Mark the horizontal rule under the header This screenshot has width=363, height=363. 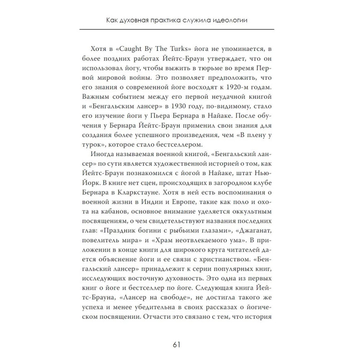(177, 29)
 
